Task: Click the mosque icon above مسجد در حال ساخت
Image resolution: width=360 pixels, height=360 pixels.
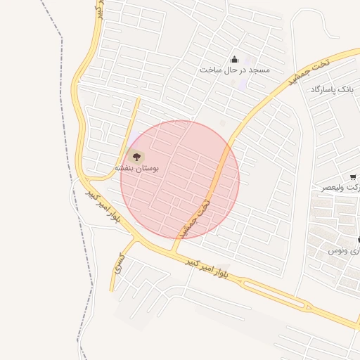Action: pyautogui.click(x=234, y=59)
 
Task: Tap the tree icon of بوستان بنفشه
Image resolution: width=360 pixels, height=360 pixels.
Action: pyautogui.click(x=136, y=156)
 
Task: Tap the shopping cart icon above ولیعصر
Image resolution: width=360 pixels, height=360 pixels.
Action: pyautogui.click(x=352, y=177)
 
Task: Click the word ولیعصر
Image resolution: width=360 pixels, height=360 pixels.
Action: pyautogui.click(x=337, y=188)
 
